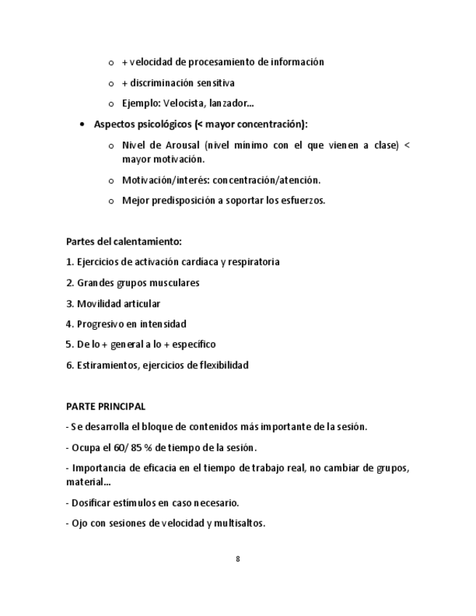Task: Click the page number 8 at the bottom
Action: pyautogui.click(x=238, y=559)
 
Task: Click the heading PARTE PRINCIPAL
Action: pyautogui.click(x=105, y=406)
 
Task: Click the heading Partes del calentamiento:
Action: pyautogui.click(x=124, y=241)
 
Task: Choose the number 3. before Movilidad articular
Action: pyautogui.click(x=70, y=304)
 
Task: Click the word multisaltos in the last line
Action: pyautogui.click(x=240, y=522)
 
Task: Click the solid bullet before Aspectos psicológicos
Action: pyautogui.click(x=83, y=124)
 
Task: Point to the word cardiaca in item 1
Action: pyautogui.click(x=203, y=262)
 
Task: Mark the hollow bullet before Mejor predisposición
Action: pyautogui.click(x=110, y=201)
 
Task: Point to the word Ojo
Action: pyautogui.click(x=80, y=522)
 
